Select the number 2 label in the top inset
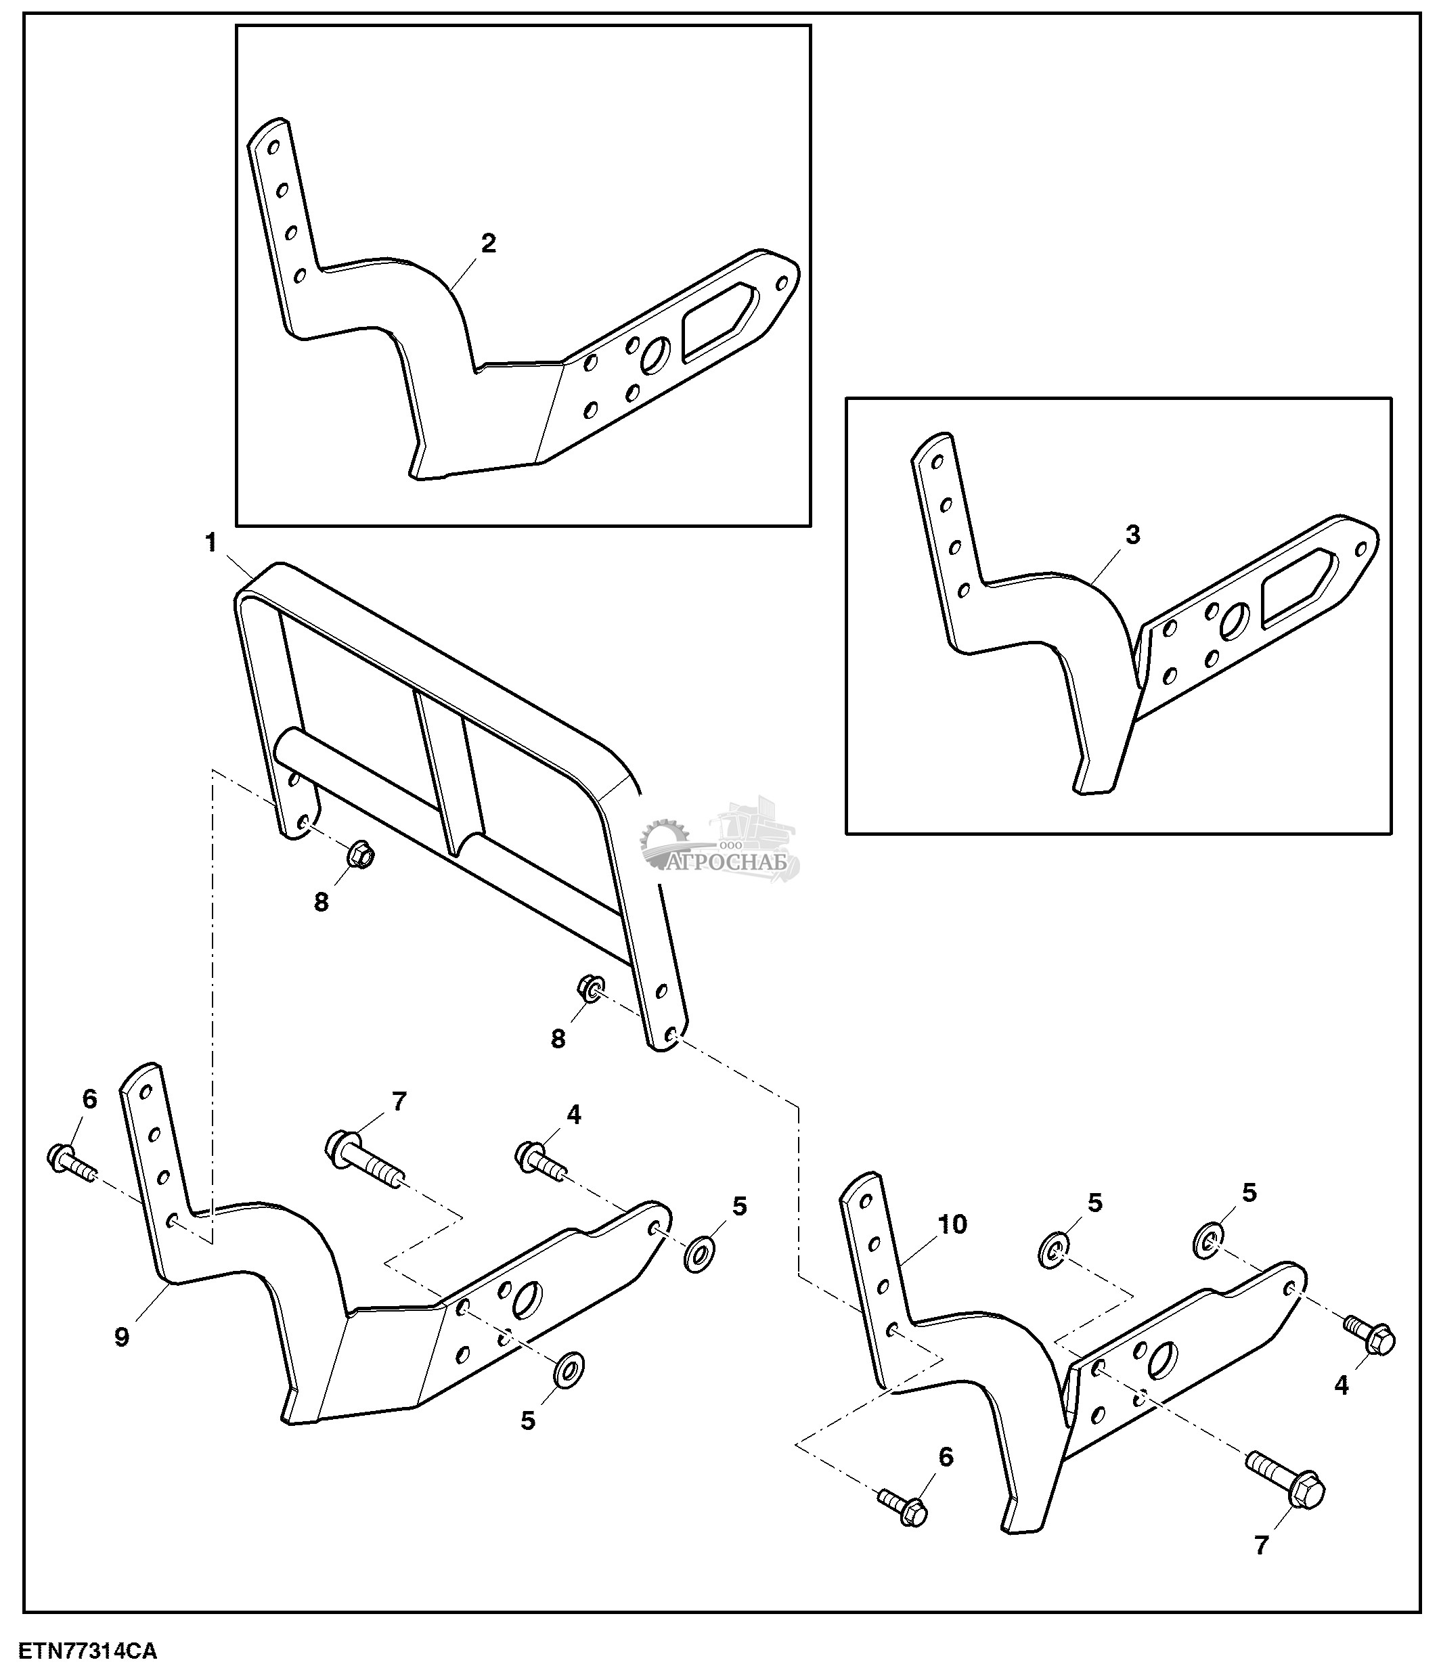point(489,243)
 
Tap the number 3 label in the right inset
point(1133,534)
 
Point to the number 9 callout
point(122,1337)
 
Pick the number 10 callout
point(953,1224)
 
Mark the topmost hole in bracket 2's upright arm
point(273,148)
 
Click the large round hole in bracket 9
point(527,1301)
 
